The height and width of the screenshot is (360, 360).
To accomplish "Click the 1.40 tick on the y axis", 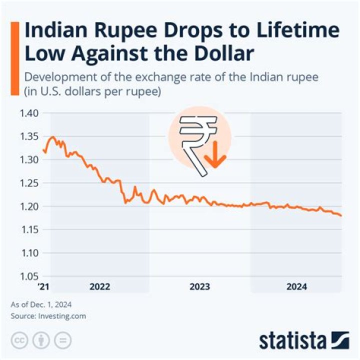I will pyautogui.click(x=28, y=113).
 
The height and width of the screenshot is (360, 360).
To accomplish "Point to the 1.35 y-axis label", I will pyautogui.click(x=28, y=136).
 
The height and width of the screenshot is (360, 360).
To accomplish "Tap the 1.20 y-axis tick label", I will pyautogui.click(x=28, y=206).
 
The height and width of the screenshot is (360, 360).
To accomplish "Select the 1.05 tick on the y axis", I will pyautogui.click(x=28, y=276).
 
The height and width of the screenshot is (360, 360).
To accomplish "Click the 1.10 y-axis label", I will pyautogui.click(x=28, y=252).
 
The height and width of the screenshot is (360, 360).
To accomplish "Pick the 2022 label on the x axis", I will pyautogui.click(x=99, y=287).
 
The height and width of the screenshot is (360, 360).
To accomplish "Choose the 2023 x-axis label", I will pyautogui.click(x=199, y=287).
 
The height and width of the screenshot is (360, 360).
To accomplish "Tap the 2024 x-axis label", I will pyautogui.click(x=296, y=287).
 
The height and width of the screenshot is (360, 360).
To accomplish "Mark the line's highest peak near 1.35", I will pyautogui.click(x=53, y=136).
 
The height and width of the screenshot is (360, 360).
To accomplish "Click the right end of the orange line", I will pyautogui.click(x=341, y=215).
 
